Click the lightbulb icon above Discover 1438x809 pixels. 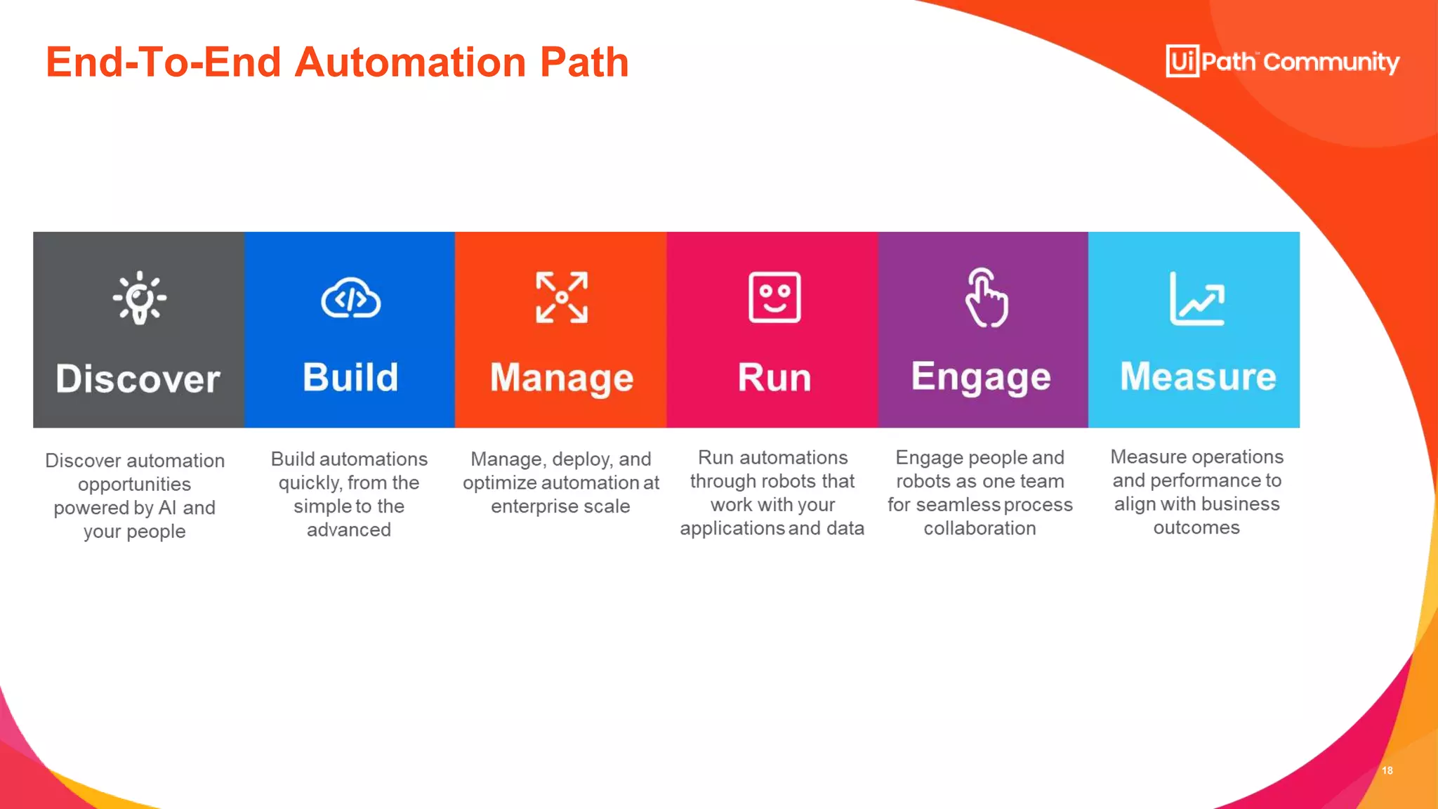(140, 298)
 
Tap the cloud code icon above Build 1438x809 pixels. (350, 298)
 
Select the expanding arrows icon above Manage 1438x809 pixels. (562, 298)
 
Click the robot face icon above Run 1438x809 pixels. (774, 298)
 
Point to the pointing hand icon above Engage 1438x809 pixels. (986, 298)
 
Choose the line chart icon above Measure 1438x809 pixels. (1197, 298)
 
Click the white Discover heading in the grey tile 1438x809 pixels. (138, 379)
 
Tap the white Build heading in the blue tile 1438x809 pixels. (350, 377)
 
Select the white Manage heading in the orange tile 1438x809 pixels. (562, 379)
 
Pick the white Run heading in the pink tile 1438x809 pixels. (774, 378)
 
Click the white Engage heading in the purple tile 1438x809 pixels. (981, 378)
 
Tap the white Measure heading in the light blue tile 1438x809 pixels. (1198, 376)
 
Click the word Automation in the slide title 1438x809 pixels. (410, 62)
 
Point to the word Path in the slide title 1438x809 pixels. (584, 62)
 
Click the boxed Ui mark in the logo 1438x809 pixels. (1182, 61)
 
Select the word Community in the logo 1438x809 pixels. (1331, 63)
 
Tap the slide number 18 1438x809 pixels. (1387, 770)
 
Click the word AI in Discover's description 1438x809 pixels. (168, 508)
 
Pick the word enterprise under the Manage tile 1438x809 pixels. (530, 506)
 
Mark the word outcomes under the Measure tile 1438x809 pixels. (1196, 527)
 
